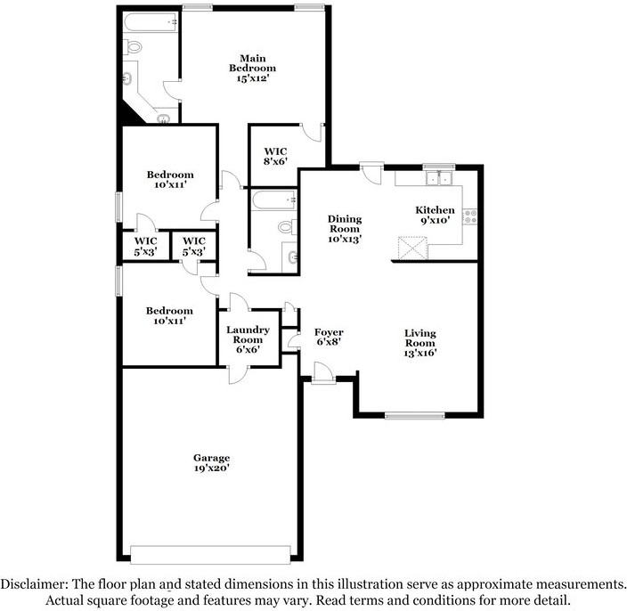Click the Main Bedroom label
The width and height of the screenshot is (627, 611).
tap(252, 63)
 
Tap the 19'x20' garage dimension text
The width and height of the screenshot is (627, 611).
tap(212, 468)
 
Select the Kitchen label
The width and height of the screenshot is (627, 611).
tap(435, 210)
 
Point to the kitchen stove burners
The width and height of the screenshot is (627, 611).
tap(470, 216)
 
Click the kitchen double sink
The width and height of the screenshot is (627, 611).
tap(439, 178)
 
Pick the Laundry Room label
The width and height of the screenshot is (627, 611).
tap(248, 335)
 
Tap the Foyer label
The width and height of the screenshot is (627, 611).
tap(329, 332)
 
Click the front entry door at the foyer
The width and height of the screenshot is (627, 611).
tap(323, 373)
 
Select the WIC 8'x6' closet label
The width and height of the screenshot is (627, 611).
tap(275, 157)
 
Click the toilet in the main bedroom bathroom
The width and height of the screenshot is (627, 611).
tap(133, 48)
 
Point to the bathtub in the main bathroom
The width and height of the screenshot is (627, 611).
tap(151, 21)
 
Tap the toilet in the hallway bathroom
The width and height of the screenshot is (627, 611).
tap(288, 227)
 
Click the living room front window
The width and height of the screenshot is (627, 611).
tap(415, 416)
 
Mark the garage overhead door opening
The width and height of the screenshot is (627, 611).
tap(210, 554)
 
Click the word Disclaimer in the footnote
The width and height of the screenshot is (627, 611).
tap(35, 584)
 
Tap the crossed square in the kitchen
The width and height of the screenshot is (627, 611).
tap(412, 248)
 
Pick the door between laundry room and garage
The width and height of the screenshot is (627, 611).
tap(239, 375)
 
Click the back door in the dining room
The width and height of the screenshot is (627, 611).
tap(371, 173)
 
